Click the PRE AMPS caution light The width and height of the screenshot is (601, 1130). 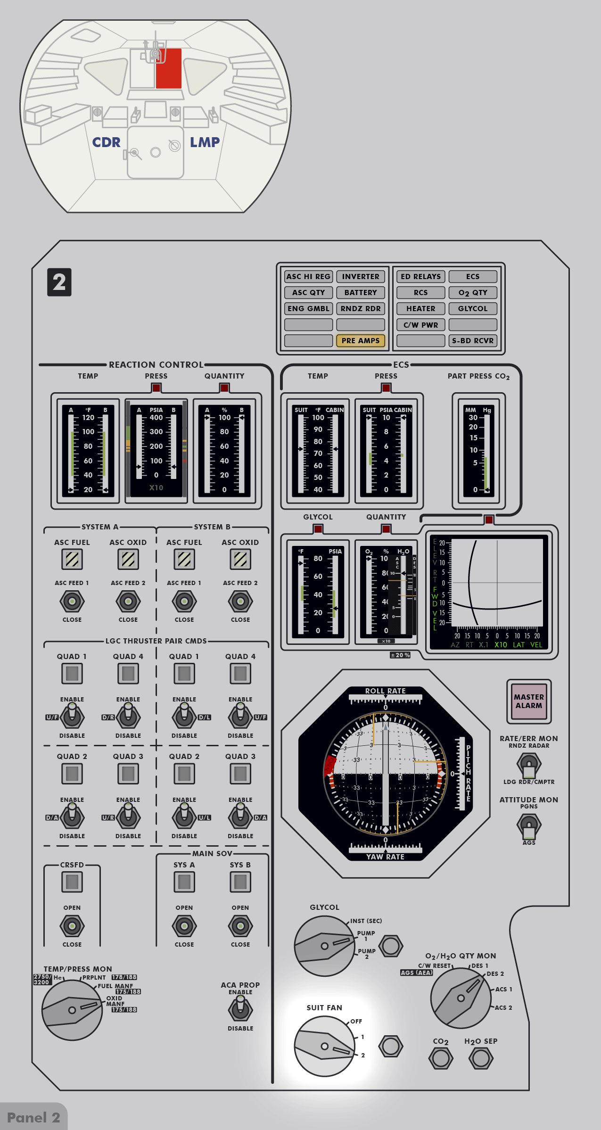coord(361,340)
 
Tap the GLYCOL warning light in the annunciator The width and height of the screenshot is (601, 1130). coord(473,308)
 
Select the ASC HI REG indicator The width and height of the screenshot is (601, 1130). coord(308,276)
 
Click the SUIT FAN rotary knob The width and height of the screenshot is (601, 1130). coord(324,1046)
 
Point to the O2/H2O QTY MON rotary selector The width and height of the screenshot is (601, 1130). coord(461,998)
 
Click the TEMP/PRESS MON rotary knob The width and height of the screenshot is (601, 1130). coord(72,1010)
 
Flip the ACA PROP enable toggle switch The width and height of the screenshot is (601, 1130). coord(240,1009)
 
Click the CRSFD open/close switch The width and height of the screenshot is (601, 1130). coord(72,926)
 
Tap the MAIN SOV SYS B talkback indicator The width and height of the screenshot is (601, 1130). coord(240,882)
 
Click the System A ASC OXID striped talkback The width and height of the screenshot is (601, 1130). coord(128,560)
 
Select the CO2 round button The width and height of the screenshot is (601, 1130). coord(441,1058)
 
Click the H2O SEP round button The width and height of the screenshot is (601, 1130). coord(481,1058)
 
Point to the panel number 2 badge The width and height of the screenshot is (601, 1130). coord(59,282)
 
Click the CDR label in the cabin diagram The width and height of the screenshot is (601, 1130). coord(106,142)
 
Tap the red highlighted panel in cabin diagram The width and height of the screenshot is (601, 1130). coord(169,68)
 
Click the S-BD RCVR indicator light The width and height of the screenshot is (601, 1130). coord(473,340)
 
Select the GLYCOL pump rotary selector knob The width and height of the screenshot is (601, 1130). coord(324,946)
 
